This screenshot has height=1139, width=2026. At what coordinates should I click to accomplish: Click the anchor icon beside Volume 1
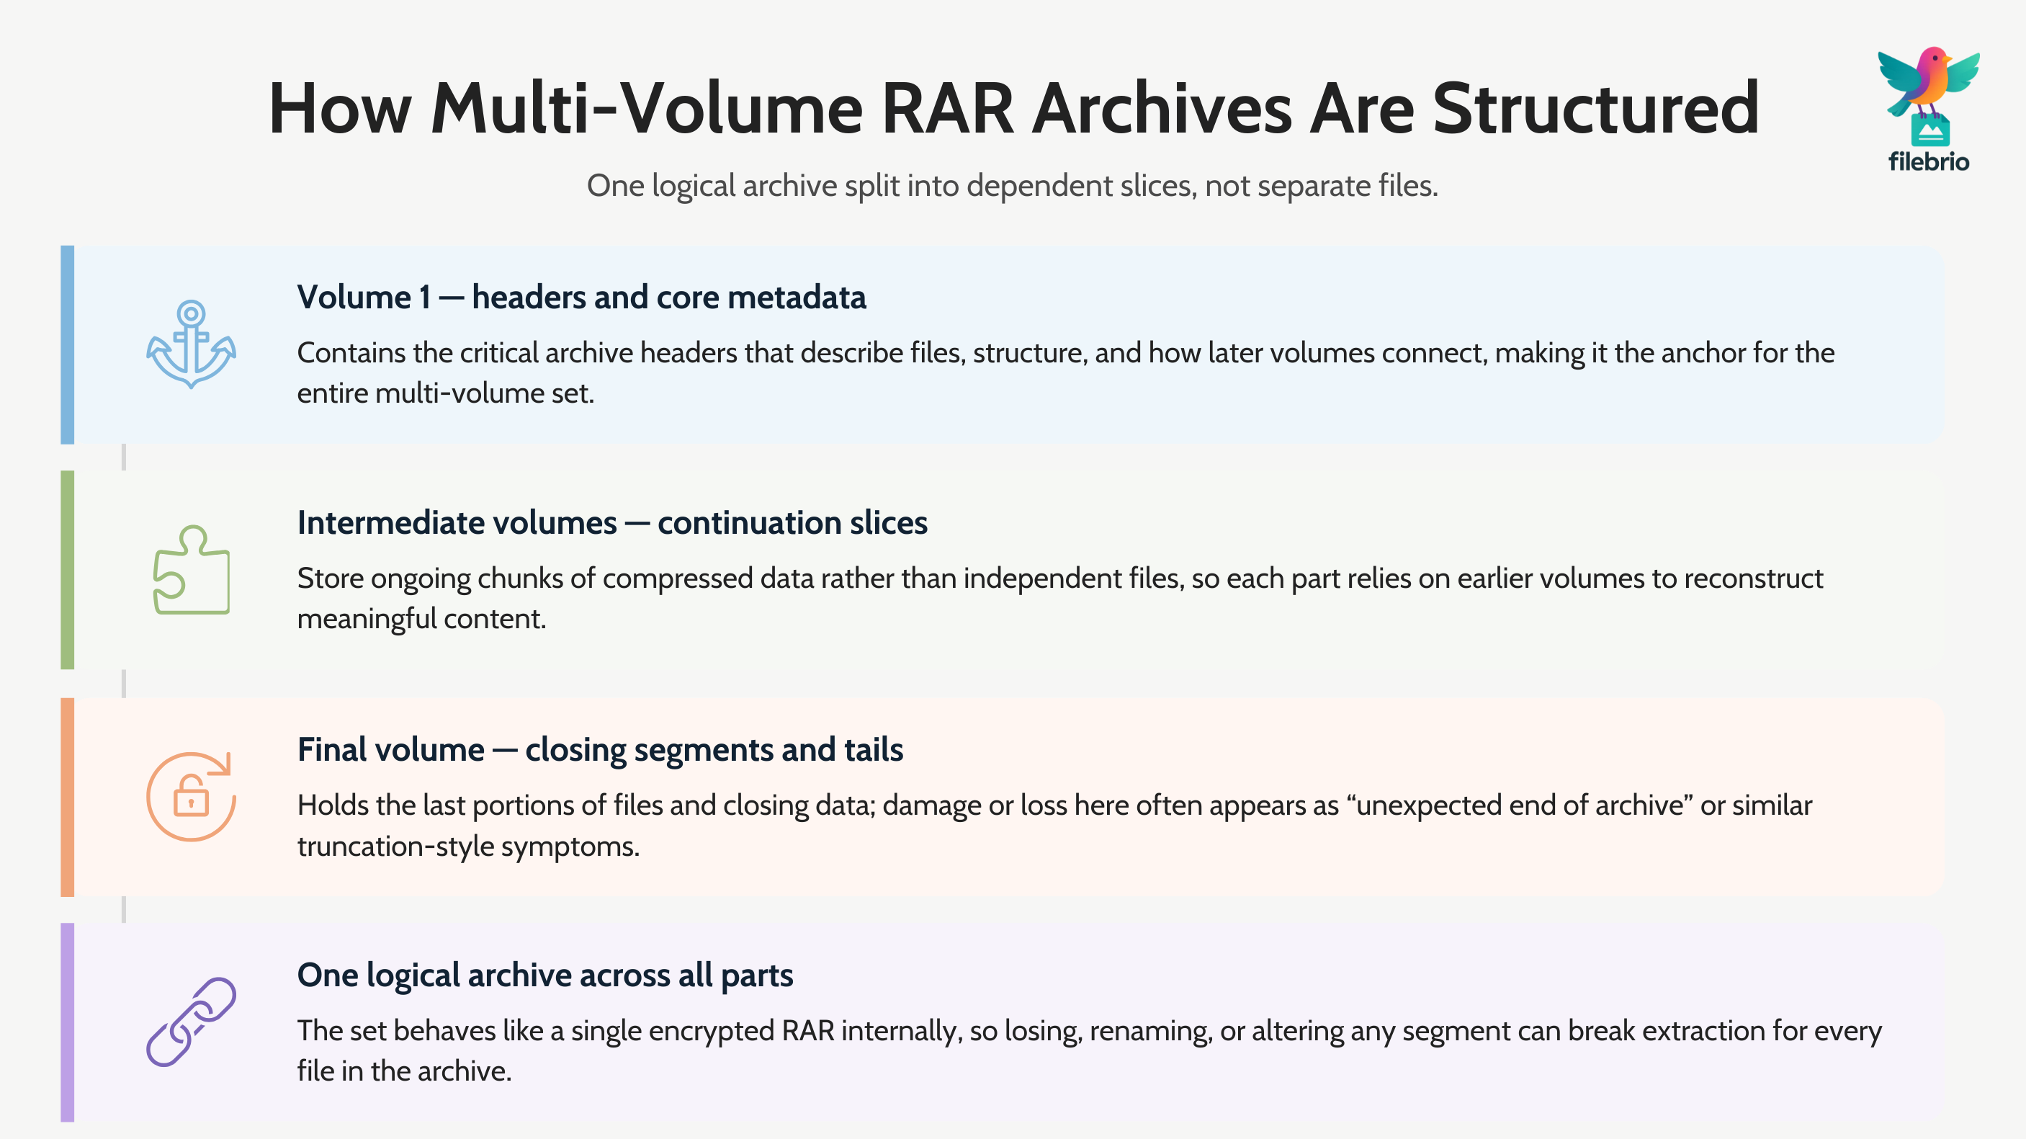[191, 344]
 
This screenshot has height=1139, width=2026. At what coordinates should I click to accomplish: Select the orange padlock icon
[191, 797]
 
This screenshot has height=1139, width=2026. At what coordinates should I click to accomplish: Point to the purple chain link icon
[191, 1022]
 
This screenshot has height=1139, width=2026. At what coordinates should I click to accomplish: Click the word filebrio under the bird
[1929, 162]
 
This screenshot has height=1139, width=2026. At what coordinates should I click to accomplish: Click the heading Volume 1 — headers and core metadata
[581, 298]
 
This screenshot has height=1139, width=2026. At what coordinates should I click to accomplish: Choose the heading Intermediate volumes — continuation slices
[612, 523]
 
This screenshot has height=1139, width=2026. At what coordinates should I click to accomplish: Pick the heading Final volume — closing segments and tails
[599, 750]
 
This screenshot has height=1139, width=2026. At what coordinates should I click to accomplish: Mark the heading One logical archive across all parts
[544, 975]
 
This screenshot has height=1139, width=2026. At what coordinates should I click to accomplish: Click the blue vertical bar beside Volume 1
[68, 344]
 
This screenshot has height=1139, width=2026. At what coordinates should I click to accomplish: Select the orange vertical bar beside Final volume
[68, 797]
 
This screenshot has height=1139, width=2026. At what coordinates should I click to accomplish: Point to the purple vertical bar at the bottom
[68, 1022]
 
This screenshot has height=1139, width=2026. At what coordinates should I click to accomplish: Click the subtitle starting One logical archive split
[1012, 186]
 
